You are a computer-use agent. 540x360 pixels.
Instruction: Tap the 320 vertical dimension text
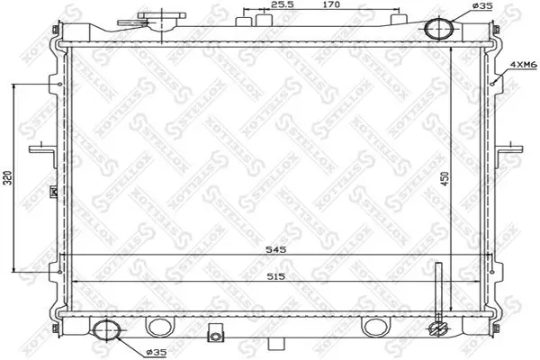coord(8,177)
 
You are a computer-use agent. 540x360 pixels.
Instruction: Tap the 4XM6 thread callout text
coord(522,66)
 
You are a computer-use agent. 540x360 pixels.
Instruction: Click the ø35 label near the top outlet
coord(483,6)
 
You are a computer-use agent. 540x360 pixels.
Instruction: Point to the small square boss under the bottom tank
coord(214,336)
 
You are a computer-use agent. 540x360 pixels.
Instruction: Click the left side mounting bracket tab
coord(39,147)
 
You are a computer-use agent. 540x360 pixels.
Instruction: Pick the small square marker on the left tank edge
coord(55,190)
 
